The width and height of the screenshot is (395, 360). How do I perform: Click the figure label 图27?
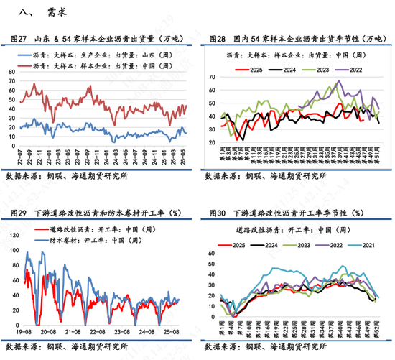tap(19, 39)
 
